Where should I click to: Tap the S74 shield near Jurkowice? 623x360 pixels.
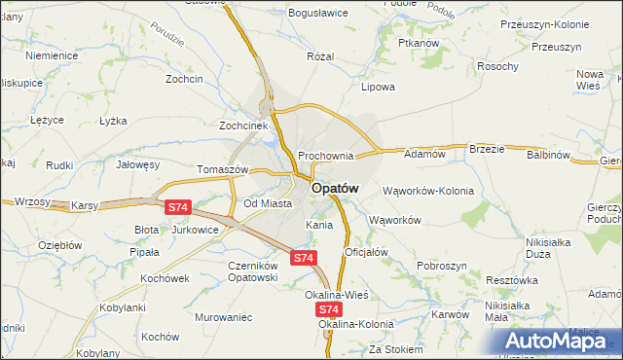[x=177, y=207]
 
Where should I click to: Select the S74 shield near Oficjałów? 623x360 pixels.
[x=304, y=258]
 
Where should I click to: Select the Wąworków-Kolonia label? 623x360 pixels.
[x=428, y=191]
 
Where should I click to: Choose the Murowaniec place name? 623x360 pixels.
[x=223, y=317]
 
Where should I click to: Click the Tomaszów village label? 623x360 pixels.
[x=224, y=168]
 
